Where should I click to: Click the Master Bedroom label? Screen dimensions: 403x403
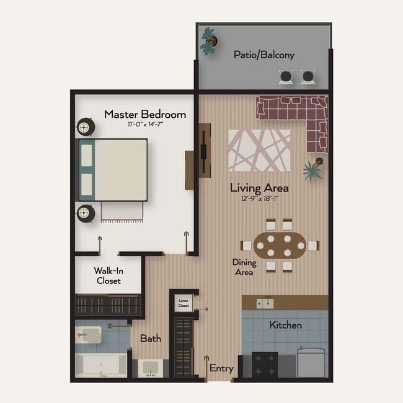pyautogui.click(x=144, y=114)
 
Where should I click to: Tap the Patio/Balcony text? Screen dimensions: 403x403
pyautogui.click(x=263, y=55)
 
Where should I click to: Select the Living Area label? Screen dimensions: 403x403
pyautogui.click(x=259, y=187)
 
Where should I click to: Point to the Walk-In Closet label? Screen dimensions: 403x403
pyautogui.click(x=108, y=275)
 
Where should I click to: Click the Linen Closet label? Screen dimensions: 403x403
pyautogui.click(x=184, y=303)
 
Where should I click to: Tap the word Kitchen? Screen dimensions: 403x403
pyautogui.click(x=286, y=325)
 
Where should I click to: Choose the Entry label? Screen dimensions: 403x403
pyautogui.click(x=221, y=368)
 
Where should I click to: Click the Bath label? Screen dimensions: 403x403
pyautogui.click(x=150, y=339)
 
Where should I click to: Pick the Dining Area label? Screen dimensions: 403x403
pyautogui.click(x=244, y=267)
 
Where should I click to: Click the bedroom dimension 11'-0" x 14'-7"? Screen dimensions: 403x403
pyautogui.click(x=145, y=125)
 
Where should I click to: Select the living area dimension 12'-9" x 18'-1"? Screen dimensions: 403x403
pyautogui.click(x=259, y=198)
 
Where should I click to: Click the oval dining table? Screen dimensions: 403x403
pyautogui.click(x=280, y=246)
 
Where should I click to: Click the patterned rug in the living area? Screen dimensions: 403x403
pyautogui.click(x=259, y=150)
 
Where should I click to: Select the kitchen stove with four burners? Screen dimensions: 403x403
pyautogui.click(x=265, y=363)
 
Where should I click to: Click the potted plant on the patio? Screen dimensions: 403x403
pyautogui.click(x=209, y=41)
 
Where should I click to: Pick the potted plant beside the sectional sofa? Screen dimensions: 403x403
pyautogui.click(x=314, y=167)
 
